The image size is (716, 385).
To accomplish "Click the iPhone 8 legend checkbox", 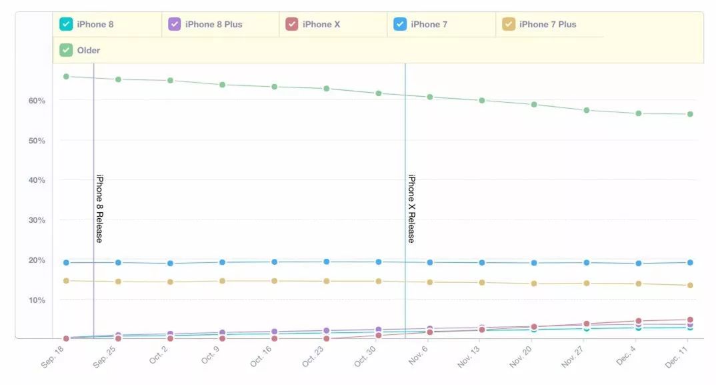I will (66, 25).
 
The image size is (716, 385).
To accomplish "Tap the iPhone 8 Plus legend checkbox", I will (175, 25).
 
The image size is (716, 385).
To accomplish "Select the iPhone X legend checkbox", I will (291, 25).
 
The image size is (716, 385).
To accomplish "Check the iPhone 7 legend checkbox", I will (400, 25).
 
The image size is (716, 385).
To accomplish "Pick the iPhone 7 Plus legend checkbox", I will (509, 25).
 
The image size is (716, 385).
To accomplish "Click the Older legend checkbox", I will (66, 50).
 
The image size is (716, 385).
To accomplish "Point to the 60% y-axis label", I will (36, 101).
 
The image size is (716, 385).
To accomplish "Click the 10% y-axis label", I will (36, 300).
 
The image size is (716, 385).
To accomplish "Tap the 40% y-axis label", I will (36, 180).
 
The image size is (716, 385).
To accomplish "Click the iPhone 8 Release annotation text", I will (99, 208).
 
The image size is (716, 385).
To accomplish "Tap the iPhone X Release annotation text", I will (411, 208).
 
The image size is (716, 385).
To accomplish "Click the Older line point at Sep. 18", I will (66, 77).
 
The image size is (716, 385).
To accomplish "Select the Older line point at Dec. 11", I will (690, 114).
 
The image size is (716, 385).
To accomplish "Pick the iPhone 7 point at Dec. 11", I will (690, 262).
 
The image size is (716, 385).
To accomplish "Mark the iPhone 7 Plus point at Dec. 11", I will (690, 286).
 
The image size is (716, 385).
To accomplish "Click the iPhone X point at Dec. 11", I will (690, 320).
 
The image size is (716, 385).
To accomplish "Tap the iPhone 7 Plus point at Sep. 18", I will (66, 281).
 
